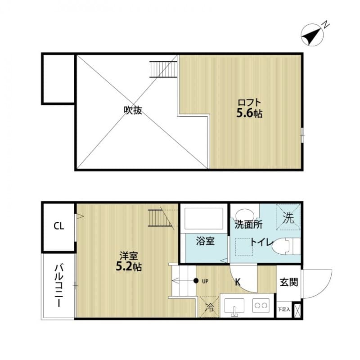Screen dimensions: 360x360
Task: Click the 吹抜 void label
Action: click(x=133, y=110)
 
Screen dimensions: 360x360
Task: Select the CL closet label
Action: click(x=59, y=226)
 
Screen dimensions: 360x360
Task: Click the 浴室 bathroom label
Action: click(x=205, y=241)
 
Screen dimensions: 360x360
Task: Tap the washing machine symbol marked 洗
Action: click(x=288, y=218)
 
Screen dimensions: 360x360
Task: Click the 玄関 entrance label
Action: click(x=288, y=282)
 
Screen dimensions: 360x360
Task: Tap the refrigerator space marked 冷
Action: click(x=209, y=308)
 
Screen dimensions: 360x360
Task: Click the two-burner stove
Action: click(x=261, y=306)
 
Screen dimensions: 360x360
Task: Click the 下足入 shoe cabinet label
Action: click(x=284, y=310)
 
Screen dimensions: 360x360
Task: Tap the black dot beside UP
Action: click(x=196, y=281)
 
